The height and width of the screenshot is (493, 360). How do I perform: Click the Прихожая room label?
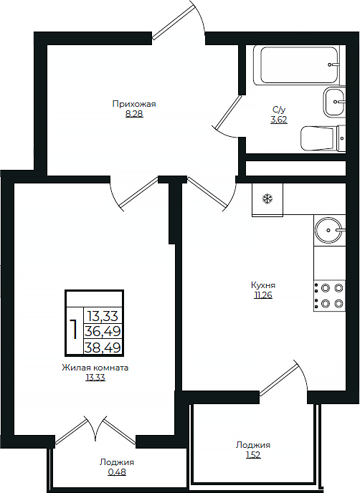tap(134, 104)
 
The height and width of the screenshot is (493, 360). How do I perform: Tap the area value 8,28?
tap(134, 113)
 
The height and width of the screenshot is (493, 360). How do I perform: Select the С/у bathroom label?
tap(279, 110)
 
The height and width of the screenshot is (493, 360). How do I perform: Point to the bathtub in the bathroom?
tap(297, 65)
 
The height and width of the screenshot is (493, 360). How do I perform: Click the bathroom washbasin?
tap(334, 102)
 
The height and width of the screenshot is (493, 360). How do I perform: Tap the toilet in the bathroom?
tap(323, 138)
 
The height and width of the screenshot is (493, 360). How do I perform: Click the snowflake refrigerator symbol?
tap(267, 198)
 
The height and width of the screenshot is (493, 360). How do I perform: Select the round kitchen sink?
tap(329, 230)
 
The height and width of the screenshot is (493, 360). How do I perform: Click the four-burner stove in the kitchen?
tap(329, 296)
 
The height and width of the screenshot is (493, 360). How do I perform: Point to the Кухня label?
tap(263, 285)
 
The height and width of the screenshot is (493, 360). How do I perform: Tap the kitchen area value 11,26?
tap(263, 295)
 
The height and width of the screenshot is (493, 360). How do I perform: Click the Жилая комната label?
tap(95, 368)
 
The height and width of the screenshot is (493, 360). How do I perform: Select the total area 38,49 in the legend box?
tap(103, 348)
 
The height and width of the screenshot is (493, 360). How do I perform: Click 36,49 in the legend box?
tap(103, 331)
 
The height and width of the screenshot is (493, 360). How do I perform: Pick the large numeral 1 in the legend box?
tap(75, 329)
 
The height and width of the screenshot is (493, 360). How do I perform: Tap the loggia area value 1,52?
tap(253, 455)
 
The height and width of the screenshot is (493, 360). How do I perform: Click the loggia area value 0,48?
tap(117, 472)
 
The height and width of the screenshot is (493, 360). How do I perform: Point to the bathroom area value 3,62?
tap(279, 120)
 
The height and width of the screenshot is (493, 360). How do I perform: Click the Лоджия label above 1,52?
tap(253, 445)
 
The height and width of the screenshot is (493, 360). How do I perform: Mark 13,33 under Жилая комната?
tap(95, 378)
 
